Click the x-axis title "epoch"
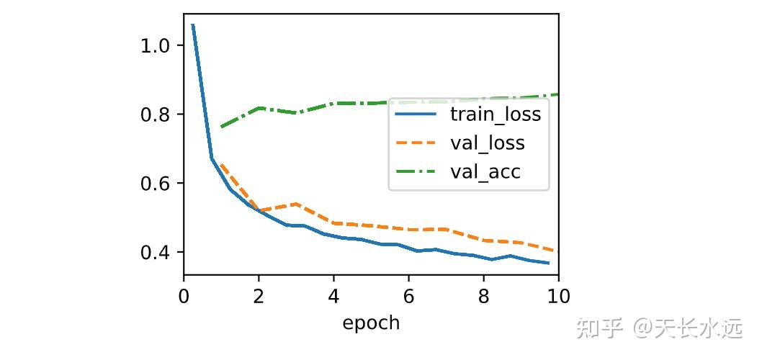coord(371,323)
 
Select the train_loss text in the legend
coord(495,114)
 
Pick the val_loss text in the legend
coord(487,143)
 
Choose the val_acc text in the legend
coord(485,171)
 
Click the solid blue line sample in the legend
coord(416,114)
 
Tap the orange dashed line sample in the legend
coord(416,143)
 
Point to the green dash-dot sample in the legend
coord(416,171)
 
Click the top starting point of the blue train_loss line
coord(193,25)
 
